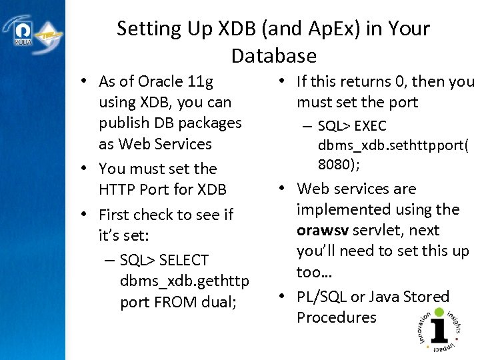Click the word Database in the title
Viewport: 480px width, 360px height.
point(273,55)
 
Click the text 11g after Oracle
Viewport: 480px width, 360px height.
point(200,82)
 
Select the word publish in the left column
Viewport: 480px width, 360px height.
point(123,123)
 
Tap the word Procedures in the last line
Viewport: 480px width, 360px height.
point(337,317)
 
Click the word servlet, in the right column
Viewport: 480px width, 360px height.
point(382,231)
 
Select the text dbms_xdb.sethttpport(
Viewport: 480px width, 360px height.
point(393,145)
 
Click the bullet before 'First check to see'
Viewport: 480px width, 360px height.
point(85,215)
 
